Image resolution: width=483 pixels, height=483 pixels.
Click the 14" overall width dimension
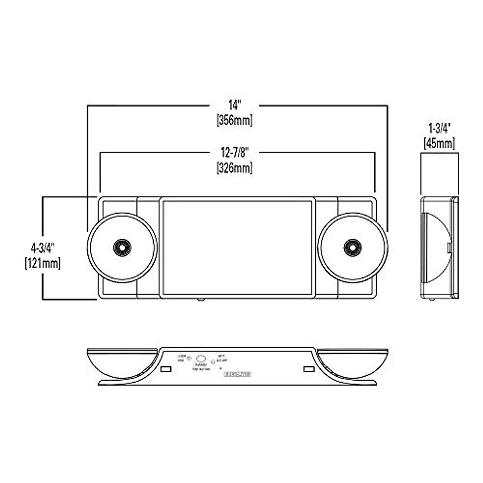click(234, 105)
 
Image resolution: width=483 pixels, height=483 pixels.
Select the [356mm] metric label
click(235, 120)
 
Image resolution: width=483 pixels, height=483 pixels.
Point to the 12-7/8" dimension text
click(235, 153)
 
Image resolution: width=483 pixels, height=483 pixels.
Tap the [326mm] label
click(235, 167)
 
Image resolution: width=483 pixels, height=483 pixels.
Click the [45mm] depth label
click(439, 143)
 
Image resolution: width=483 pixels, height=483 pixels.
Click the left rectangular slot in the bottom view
click(165, 369)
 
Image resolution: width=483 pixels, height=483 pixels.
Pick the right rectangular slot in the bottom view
click(308, 369)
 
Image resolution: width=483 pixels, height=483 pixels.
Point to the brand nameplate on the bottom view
click(237, 374)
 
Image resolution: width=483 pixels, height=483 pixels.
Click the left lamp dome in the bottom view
click(121, 362)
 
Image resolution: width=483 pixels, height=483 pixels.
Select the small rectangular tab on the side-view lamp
click(449, 247)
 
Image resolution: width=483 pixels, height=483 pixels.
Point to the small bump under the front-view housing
click(200, 299)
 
